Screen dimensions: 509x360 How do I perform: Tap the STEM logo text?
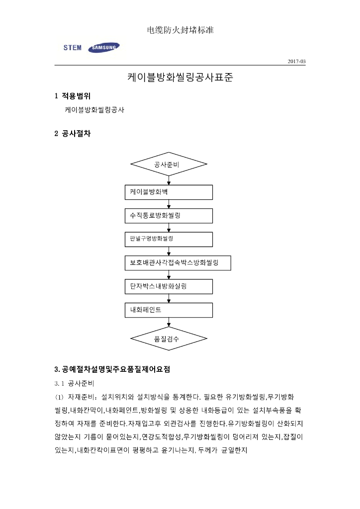click(x=73, y=48)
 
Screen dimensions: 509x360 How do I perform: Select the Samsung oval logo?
click(x=103, y=48)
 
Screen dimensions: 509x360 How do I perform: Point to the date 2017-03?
click(x=297, y=61)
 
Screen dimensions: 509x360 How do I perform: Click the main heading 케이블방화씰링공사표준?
click(x=180, y=78)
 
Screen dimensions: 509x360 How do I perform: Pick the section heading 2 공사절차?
click(x=72, y=134)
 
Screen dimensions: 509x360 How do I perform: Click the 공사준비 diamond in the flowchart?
click(x=169, y=165)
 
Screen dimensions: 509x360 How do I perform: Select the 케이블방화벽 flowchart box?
click(x=169, y=192)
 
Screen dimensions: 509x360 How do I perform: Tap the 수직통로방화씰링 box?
click(x=169, y=216)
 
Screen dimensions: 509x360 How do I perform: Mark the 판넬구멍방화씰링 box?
click(x=169, y=239)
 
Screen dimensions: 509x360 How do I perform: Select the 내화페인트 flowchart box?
click(x=169, y=310)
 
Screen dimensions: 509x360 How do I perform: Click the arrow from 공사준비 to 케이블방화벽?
click(x=169, y=180)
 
